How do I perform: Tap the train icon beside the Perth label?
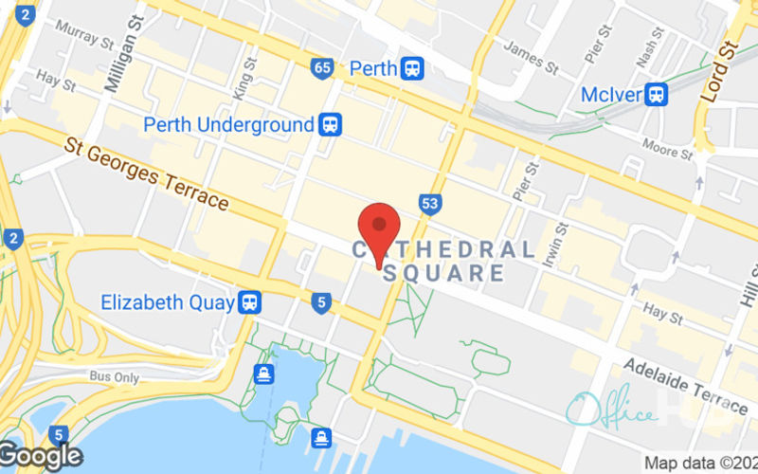click(412, 68)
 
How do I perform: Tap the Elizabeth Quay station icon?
click(250, 302)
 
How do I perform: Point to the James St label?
click(532, 56)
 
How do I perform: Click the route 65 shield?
click(321, 68)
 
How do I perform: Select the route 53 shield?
click(430, 203)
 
